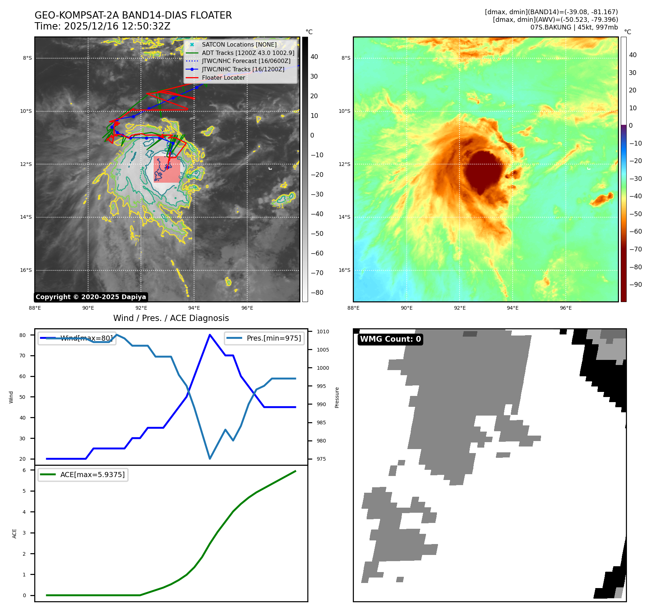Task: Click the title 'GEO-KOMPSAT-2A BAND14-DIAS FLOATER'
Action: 133,15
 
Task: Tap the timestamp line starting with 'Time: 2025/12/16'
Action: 102,26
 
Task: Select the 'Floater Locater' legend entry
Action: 223,78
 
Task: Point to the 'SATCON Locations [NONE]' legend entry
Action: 239,44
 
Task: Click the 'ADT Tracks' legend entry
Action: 248,53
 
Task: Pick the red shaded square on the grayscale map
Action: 167,169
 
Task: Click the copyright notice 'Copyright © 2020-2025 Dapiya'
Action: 91,297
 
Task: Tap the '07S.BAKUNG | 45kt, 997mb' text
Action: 574,27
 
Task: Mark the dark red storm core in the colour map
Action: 484,171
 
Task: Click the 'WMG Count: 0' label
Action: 390,339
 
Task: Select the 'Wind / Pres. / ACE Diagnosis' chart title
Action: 171,318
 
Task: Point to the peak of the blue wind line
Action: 210,335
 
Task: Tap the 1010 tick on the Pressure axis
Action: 323,332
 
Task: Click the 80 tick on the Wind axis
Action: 23,335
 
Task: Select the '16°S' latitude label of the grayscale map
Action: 26,270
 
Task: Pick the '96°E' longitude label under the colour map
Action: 565,308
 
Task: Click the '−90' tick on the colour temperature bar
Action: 635,285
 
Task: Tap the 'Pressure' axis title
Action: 337,397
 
